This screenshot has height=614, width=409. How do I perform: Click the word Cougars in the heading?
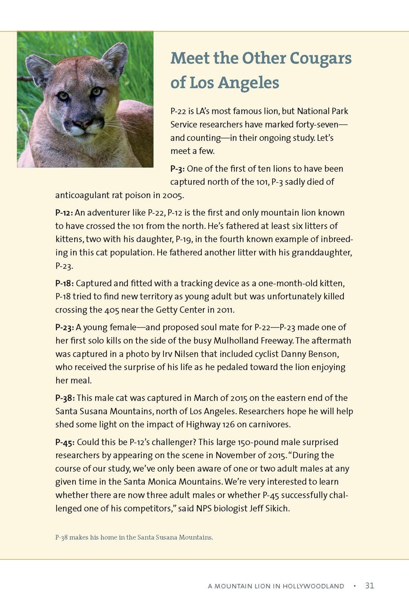321,58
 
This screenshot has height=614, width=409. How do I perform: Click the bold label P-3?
177,169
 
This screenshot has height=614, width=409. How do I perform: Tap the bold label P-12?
64,213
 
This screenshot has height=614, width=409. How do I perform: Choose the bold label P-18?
64,283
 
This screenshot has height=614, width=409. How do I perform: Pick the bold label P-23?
65,327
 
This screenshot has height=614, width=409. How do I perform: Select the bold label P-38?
65,398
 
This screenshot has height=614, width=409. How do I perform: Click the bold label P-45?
65,442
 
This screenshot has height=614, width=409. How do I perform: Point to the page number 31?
369,586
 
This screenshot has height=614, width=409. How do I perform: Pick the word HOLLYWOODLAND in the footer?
313,586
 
